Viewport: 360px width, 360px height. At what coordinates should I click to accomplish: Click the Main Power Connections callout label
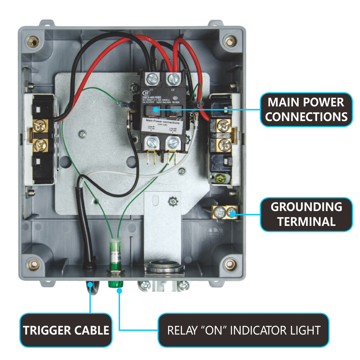coord(306,109)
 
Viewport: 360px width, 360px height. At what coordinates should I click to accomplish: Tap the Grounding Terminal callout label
coord(306,214)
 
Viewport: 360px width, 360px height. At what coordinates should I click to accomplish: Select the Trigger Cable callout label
coord(66,330)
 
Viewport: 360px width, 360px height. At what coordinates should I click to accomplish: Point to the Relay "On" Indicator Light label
coord(243,330)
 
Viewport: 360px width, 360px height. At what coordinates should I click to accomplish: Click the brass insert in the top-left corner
coord(32,41)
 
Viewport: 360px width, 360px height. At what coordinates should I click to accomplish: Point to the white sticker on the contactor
coord(163,125)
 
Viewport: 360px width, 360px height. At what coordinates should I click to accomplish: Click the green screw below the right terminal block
coord(220,179)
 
